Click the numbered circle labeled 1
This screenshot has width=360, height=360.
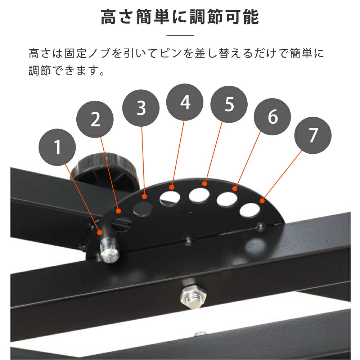57,147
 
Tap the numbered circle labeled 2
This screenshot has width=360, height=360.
95,119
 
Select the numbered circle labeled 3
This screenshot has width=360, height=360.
141,108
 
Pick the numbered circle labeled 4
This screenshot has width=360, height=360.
185,102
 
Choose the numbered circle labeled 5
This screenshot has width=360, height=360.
229,104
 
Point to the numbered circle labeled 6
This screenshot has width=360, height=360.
272,117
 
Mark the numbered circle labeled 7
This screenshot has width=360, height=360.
313,135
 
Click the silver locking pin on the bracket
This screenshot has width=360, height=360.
109,250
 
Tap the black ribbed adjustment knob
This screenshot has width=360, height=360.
104,170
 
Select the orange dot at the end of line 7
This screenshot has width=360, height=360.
262,201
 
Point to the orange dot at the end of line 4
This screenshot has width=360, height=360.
172,187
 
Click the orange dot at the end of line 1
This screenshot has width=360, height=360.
100,232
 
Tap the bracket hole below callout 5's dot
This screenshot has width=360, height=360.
199,195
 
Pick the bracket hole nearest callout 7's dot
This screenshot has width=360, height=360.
250,210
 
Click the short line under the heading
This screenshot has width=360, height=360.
180,35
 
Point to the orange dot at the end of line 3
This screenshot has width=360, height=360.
144,197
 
